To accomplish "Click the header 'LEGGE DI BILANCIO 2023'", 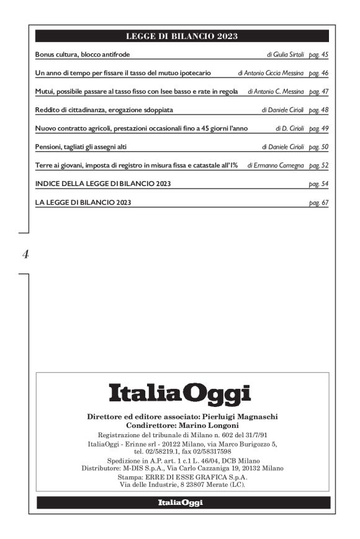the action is point(182,36).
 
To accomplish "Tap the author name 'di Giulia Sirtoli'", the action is point(286,55).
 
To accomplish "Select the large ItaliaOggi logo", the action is point(180,393).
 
